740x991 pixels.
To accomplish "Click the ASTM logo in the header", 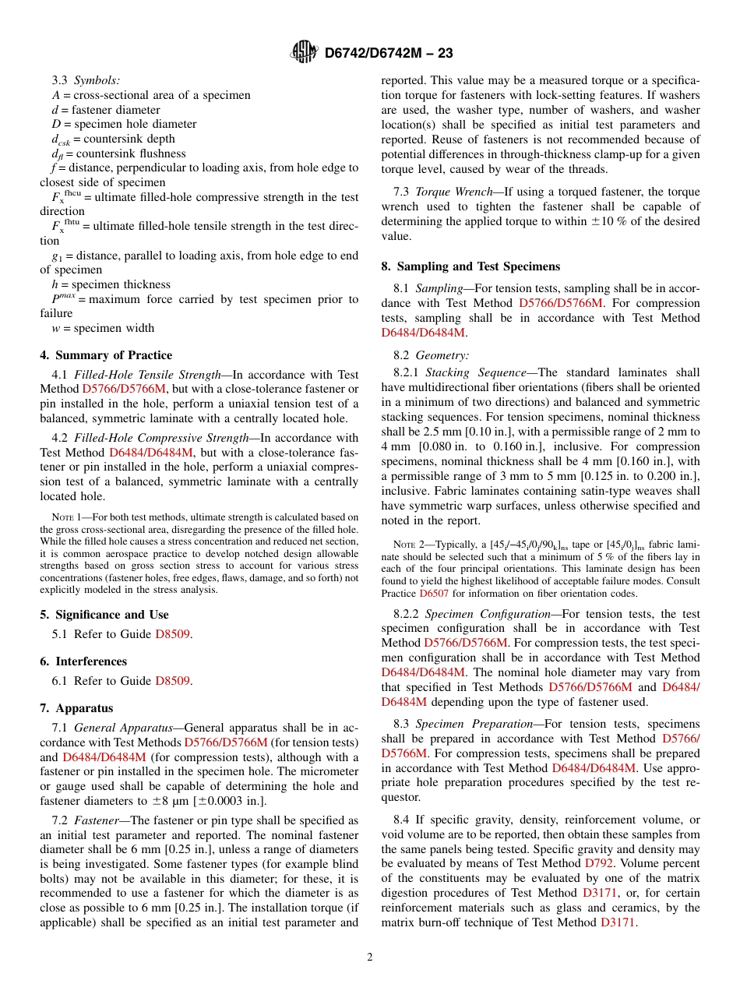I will coord(304,52).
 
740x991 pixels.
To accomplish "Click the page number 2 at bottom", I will coord(370,957).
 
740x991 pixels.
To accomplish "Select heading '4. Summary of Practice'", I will coord(106,355).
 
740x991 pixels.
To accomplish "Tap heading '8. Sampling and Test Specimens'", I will coord(470,266).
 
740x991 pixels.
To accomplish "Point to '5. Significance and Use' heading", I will coord(104,615).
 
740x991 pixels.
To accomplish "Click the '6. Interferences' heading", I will coord(83,661).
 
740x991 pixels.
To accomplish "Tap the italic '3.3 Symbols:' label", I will coord(86,80).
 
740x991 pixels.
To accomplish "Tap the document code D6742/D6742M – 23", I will coord(388,53).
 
